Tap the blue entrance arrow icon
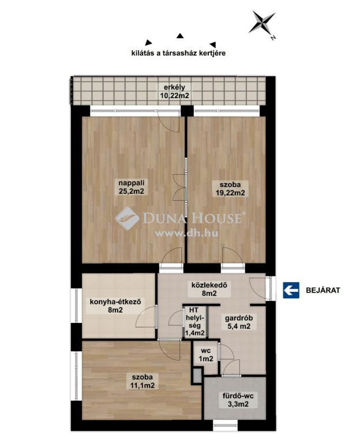[291, 290]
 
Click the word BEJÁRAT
[323, 290]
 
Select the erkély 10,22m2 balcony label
[174, 91]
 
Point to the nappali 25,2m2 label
[131, 187]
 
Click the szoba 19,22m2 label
[230, 189]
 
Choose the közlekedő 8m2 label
[209, 289]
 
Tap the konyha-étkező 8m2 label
[115, 306]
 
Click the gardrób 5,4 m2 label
[239, 322]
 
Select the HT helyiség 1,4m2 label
[194, 321]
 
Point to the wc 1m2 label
[206, 355]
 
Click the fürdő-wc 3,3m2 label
[238, 400]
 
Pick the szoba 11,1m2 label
[143, 381]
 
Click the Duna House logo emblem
[127, 218]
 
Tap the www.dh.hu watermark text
[186, 234]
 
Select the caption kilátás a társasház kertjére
[179, 53]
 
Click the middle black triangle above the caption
[180, 36]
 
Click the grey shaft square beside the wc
[197, 375]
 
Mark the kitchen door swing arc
[145, 317]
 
